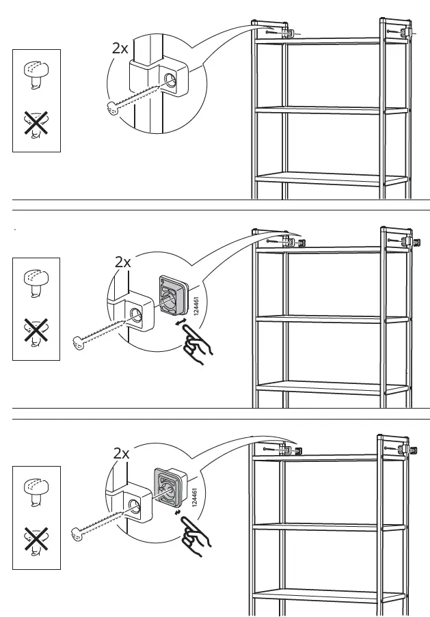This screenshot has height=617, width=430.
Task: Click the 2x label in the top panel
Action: click(x=120, y=49)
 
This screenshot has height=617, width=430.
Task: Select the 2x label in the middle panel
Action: click(x=123, y=262)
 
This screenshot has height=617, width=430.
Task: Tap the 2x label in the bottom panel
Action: click(x=122, y=453)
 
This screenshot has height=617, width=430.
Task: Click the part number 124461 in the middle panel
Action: click(x=196, y=305)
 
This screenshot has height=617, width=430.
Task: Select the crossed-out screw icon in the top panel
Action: click(x=36, y=126)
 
